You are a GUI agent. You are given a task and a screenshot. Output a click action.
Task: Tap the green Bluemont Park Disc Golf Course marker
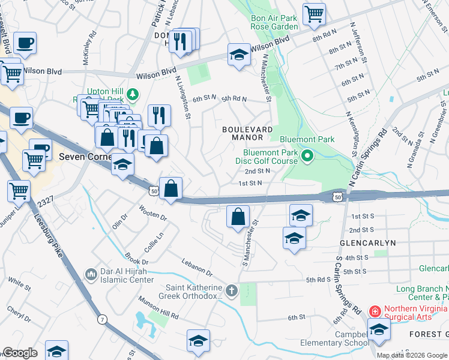point(307,158)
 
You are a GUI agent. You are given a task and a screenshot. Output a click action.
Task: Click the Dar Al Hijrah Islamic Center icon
point(91,274)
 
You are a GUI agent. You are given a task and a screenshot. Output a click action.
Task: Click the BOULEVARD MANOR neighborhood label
point(248,133)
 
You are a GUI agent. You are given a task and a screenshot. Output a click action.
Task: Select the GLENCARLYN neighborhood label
point(367,243)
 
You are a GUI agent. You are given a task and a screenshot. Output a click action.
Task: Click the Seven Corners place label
point(85,157)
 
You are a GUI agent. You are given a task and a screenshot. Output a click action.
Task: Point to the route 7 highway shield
point(103,320)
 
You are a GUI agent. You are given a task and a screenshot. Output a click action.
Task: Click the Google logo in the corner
point(20,353)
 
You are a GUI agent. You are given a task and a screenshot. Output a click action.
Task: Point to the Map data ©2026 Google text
point(412,355)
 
